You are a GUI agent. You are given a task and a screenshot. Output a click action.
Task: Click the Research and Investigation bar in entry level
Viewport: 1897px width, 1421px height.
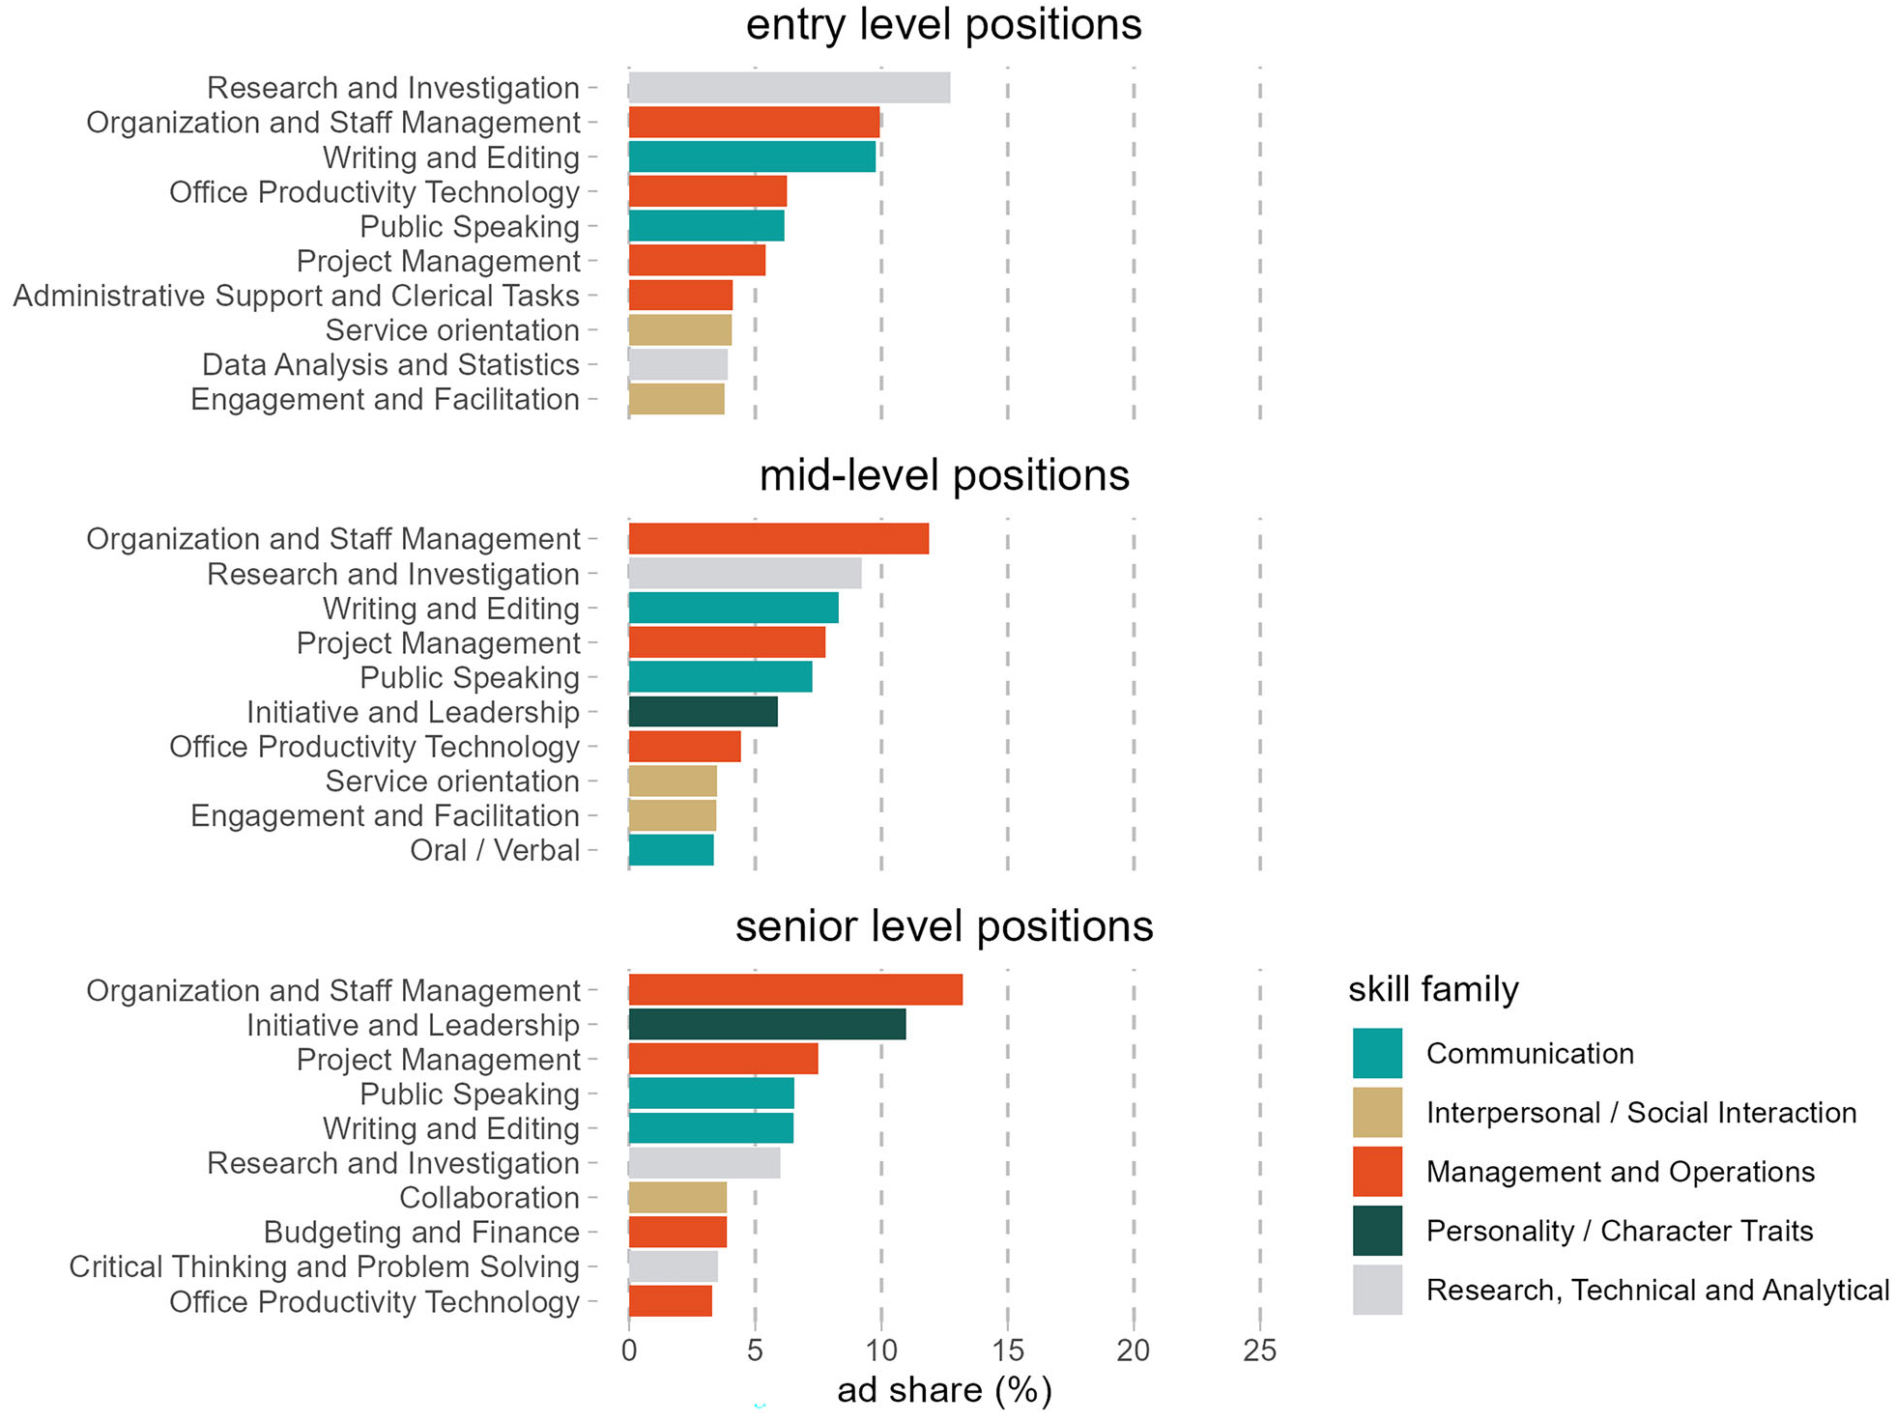point(789,88)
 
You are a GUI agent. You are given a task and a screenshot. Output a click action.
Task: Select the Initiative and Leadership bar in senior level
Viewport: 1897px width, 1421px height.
point(766,1025)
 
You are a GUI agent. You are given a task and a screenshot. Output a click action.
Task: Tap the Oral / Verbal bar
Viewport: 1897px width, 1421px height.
point(671,850)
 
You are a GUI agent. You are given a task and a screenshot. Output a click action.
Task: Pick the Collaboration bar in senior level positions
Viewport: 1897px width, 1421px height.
point(676,1198)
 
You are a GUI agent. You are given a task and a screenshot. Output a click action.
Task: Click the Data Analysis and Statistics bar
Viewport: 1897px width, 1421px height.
point(677,365)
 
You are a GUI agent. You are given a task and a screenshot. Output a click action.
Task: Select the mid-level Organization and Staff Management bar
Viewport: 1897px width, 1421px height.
point(778,539)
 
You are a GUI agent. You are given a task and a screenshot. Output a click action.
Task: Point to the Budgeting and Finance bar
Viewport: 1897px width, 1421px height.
point(676,1233)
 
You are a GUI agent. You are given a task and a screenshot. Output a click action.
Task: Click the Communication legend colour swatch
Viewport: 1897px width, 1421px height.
point(1376,1053)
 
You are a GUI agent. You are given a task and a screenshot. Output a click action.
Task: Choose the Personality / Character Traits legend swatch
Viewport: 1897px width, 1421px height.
point(1376,1231)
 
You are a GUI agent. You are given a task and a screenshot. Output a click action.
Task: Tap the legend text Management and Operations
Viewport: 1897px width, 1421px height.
point(1620,1172)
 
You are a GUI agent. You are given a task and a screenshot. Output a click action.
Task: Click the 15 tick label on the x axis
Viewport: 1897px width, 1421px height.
point(1007,1350)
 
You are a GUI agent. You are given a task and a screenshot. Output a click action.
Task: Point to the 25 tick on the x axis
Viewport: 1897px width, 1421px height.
point(1259,1350)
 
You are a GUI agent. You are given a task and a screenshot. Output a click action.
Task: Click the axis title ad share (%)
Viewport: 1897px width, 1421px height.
point(943,1390)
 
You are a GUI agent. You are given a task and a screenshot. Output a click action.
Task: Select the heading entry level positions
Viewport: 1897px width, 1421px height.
point(943,24)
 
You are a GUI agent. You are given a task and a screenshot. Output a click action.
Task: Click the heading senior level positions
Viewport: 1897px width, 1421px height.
point(943,926)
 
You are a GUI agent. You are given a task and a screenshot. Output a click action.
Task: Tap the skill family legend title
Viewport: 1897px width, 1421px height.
point(1432,989)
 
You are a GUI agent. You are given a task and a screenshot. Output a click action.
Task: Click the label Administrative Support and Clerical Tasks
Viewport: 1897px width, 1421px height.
point(296,296)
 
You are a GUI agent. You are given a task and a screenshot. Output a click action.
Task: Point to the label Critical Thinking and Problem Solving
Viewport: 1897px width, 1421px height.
point(324,1267)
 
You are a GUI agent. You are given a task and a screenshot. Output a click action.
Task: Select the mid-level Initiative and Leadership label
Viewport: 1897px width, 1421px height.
point(413,713)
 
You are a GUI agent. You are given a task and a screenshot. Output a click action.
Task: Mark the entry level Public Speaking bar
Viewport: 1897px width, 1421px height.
point(705,226)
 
